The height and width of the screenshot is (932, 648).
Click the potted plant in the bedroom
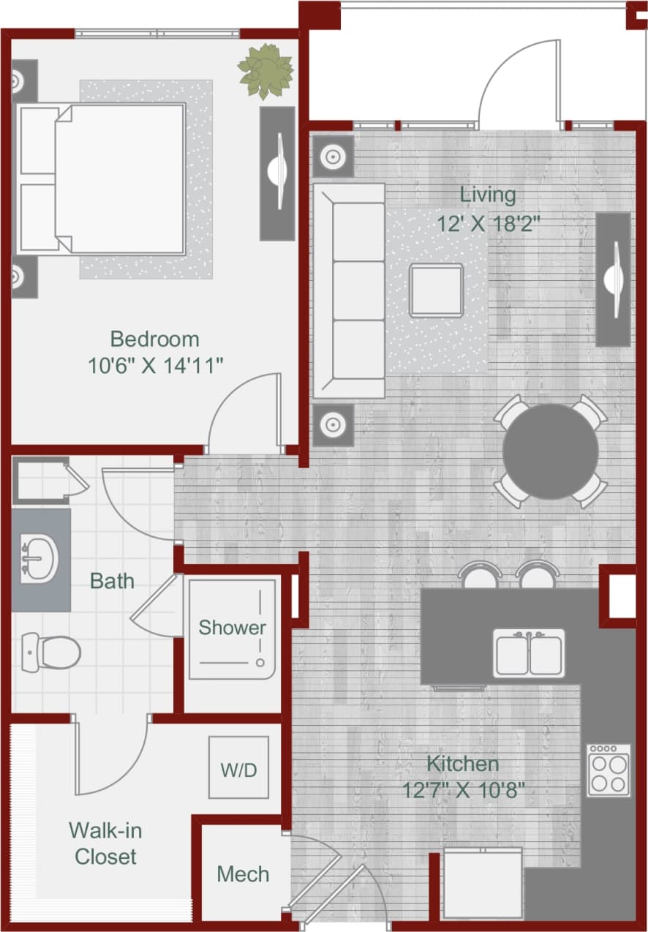click(265, 71)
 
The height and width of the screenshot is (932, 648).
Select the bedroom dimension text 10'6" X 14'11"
click(155, 364)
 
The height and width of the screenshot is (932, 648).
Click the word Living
click(488, 195)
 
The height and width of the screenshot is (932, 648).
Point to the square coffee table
click(436, 290)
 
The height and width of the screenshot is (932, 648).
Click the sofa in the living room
click(350, 290)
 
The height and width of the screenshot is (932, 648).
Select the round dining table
click(550, 452)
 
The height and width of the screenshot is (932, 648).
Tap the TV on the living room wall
click(613, 279)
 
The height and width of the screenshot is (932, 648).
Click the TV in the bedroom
click(278, 173)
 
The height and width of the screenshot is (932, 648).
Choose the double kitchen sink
click(529, 653)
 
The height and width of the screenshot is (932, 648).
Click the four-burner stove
click(609, 770)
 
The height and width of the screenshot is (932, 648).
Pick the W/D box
click(239, 770)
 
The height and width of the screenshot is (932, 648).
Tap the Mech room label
click(243, 874)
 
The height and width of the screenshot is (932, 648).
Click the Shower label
click(233, 628)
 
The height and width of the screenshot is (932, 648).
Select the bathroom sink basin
click(38, 559)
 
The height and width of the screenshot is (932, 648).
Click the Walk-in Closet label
click(106, 843)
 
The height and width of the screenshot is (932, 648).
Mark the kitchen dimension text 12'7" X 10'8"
click(463, 790)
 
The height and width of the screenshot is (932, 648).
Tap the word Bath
click(112, 582)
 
